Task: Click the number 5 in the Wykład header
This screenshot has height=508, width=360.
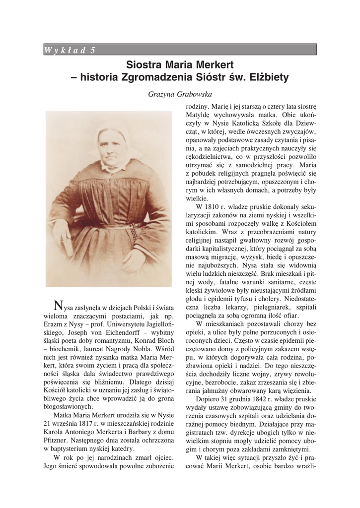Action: pyautogui.click(x=93, y=49)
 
